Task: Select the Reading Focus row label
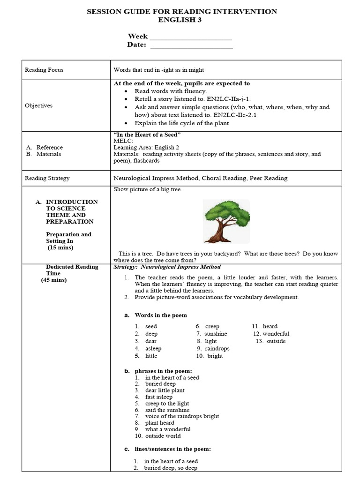tap(44, 70)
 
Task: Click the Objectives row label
tap(38, 105)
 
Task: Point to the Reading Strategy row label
tap(47, 178)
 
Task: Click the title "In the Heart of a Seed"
tap(147, 135)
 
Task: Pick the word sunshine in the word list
tap(216, 334)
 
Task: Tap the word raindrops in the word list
tap(217, 349)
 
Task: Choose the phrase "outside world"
tap(163, 436)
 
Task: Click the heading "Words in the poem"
tap(161, 315)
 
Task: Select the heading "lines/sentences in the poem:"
tap(172, 449)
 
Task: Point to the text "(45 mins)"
tap(53, 280)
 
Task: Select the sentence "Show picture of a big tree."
tap(148, 189)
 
